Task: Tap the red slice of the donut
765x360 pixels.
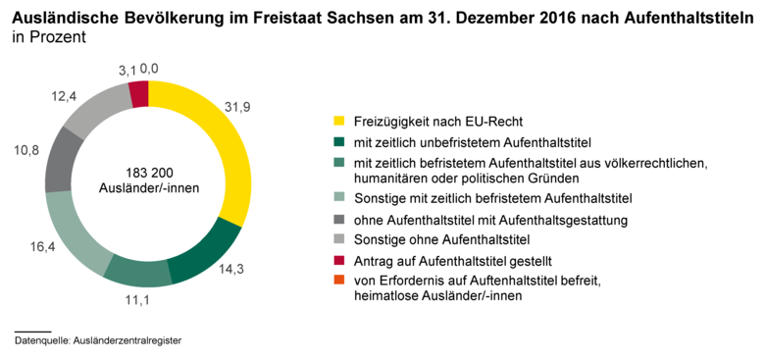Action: (x=139, y=93)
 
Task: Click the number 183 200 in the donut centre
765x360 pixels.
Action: (x=148, y=170)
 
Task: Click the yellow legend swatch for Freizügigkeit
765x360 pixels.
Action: (x=339, y=122)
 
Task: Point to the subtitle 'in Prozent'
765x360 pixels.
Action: (x=50, y=38)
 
